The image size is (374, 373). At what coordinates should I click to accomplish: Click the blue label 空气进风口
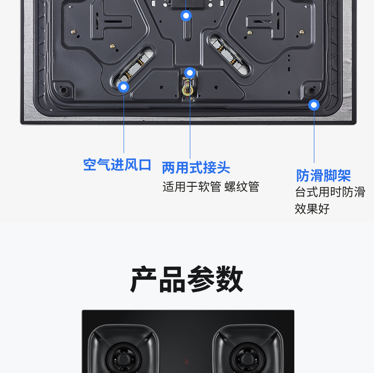(x=117, y=165)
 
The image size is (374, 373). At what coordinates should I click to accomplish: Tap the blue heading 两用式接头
(x=196, y=168)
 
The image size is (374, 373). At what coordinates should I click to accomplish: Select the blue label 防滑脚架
(x=323, y=176)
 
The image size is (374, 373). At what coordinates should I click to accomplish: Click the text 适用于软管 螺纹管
(x=211, y=187)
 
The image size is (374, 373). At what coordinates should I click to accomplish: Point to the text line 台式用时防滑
(x=330, y=192)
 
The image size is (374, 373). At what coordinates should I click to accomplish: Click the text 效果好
(x=312, y=209)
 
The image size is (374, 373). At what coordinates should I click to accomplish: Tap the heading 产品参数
(x=187, y=279)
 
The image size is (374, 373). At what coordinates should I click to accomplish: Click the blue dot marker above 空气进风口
(x=124, y=87)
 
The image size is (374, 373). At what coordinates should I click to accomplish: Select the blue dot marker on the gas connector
(x=190, y=73)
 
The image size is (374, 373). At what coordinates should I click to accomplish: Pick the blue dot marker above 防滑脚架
(x=314, y=105)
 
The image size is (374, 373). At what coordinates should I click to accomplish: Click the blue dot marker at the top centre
(x=186, y=16)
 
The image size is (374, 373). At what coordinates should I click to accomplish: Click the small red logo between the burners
(x=187, y=362)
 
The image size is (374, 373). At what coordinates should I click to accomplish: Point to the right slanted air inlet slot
(x=230, y=54)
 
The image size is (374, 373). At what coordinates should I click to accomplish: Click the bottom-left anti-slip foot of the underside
(x=63, y=90)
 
